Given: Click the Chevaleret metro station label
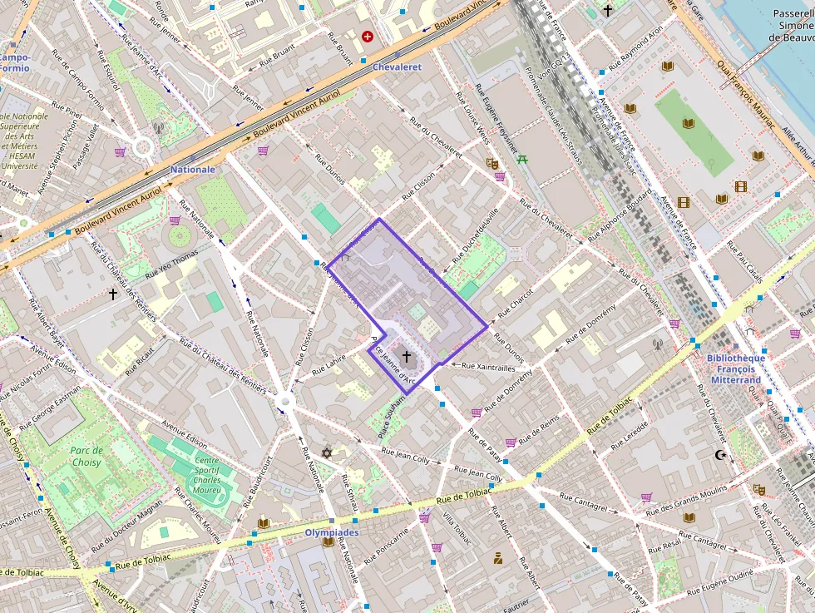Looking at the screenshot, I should click(398, 67).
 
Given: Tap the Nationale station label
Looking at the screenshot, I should click(193, 169).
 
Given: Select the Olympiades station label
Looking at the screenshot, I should click(332, 532).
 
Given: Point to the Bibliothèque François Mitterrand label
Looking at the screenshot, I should click(735, 369).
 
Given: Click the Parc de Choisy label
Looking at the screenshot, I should click(86, 457).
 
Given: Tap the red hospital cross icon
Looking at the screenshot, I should click(368, 37).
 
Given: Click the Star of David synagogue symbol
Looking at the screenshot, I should click(327, 452).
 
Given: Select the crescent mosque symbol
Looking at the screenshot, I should click(720, 455).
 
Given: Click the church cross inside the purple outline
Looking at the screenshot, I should click(406, 356).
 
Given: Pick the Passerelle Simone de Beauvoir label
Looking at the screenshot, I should click(793, 25).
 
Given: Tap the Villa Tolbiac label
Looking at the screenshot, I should click(457, 529).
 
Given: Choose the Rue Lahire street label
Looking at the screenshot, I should click(328, 366).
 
